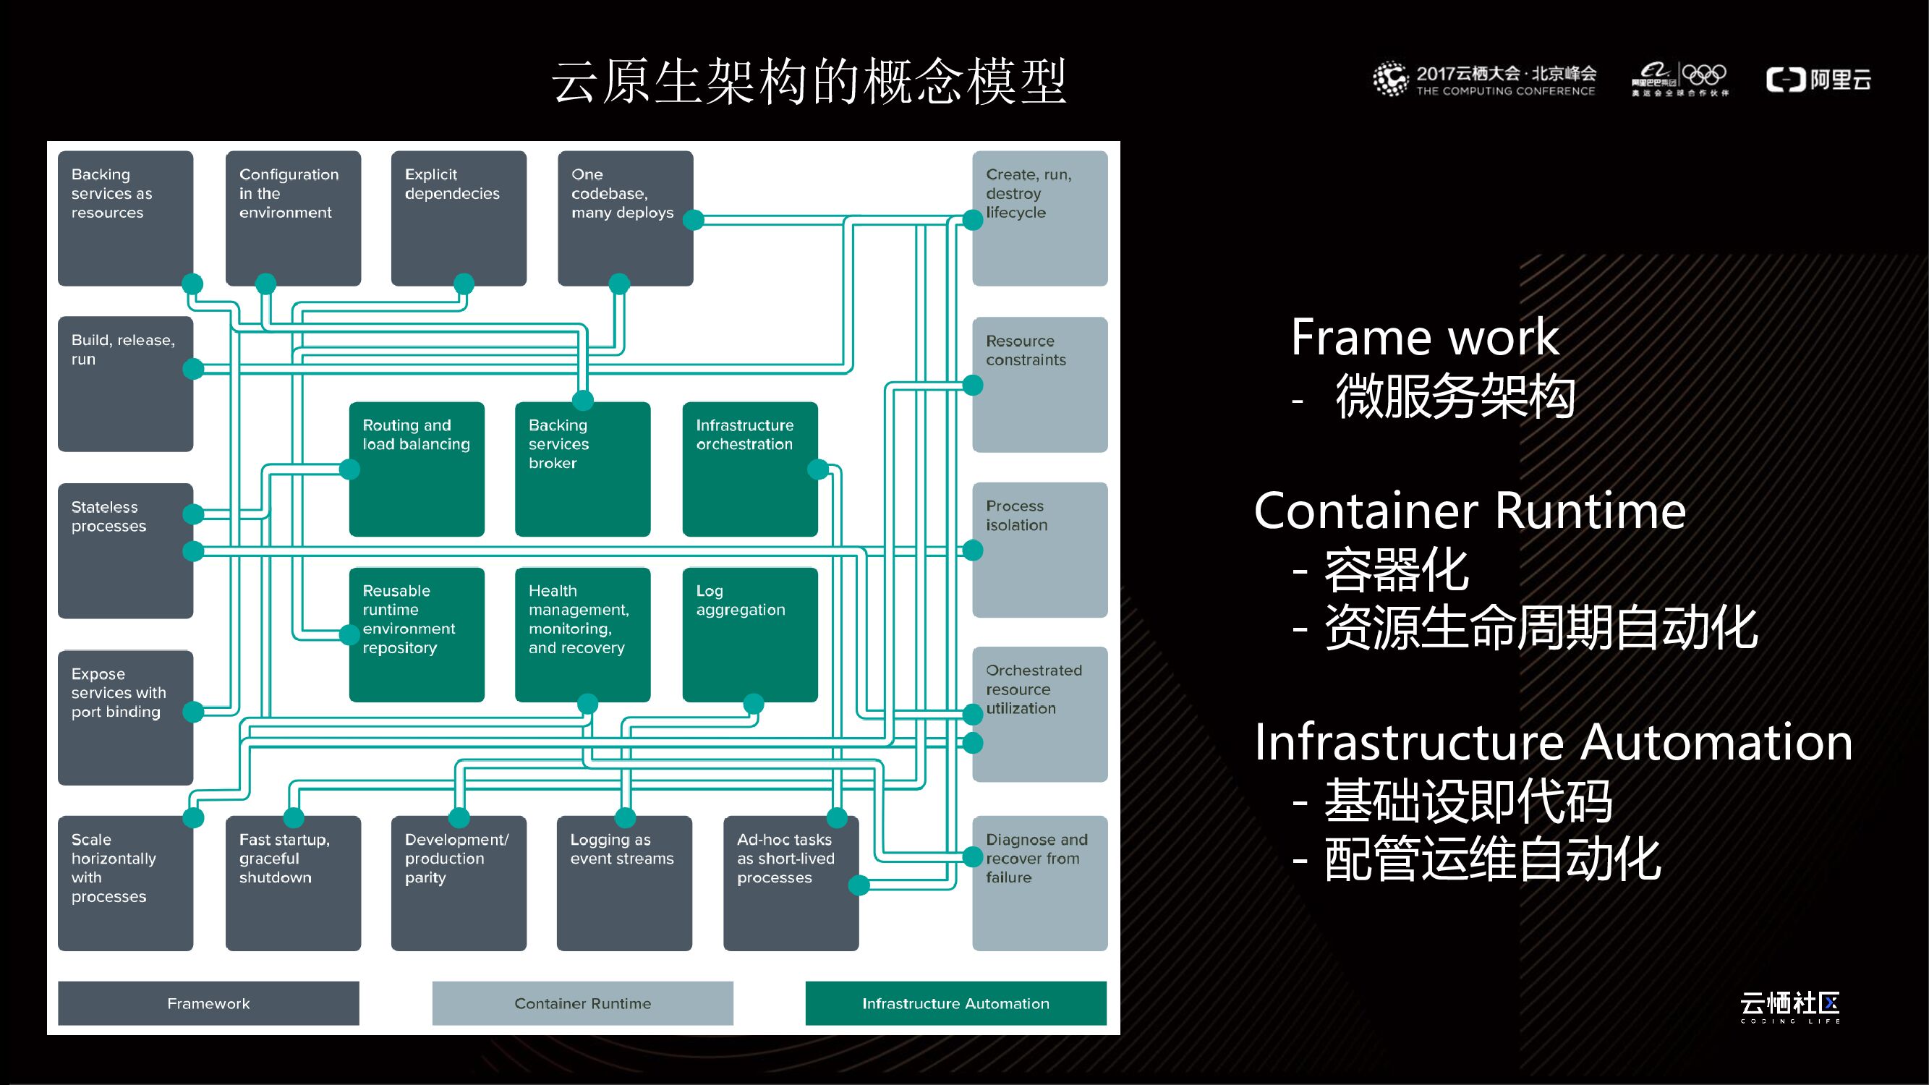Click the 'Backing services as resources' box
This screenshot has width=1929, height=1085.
coord(125,218)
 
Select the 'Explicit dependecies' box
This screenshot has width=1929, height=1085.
coord(459,218)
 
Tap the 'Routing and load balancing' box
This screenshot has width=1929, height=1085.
coord(417,469)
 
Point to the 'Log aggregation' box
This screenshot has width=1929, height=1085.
coord(749,634)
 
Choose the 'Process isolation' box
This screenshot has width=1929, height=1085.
coord(1039,550)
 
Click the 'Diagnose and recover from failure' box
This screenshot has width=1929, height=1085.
coord(1039,882)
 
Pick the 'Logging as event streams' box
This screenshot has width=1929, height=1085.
coord(623,882)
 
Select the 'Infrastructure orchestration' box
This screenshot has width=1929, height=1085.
coord(749,469)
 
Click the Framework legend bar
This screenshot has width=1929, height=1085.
coord(208,1003)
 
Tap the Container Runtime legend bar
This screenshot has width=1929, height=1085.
coord(582,1003)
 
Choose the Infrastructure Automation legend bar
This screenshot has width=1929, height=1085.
coord(955,1003)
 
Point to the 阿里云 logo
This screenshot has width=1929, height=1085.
coord(1818,80)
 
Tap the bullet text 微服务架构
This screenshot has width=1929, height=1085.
coord(1455,396)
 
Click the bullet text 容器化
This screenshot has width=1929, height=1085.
coord(1396,570)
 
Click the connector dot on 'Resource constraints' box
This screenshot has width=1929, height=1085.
coord(972,385)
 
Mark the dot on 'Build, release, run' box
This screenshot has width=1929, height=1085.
coord(193,368)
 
